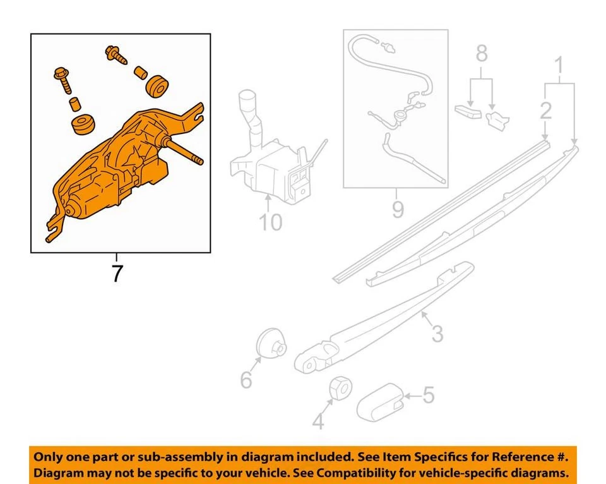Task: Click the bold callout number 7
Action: point(117,274)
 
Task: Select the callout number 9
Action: point(397,209)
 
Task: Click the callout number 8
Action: point(482,54)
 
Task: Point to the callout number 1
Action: point(559,64)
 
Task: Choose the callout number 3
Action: point(437,332)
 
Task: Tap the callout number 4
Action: point(319,421)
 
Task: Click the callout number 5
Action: point(429,396)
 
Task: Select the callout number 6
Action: point(246,380)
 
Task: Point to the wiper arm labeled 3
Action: point(385,316)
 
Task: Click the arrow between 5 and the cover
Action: point(412,396)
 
